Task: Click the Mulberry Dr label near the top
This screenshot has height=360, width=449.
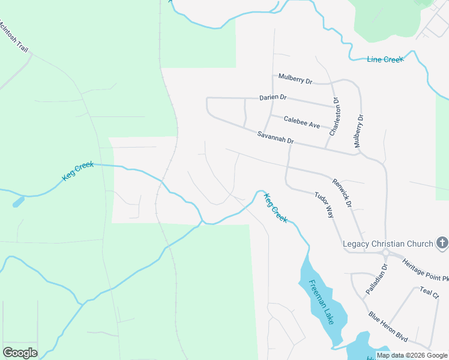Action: (x=296, y=79)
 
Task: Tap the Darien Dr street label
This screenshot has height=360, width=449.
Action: (x=273, y=97)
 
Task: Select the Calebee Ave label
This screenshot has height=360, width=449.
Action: (x=302, y=122)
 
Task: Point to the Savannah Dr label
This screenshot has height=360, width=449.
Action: (x=276, y=137)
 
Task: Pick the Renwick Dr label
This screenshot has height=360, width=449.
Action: (x=342, y=192)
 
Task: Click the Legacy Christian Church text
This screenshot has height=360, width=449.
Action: (x=388, y=244)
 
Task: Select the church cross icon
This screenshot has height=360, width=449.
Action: (x=442, y=243)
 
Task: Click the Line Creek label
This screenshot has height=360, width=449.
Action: (x=385, y=59)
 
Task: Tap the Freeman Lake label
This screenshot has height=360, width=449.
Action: (x=321, y=302)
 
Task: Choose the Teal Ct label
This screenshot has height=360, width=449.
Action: (x=430, y=292)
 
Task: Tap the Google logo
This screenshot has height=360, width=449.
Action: (x=20, y=353)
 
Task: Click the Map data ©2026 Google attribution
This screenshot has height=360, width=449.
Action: (x=412, y=355)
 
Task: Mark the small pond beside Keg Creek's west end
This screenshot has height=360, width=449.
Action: (x=18, y=202)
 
